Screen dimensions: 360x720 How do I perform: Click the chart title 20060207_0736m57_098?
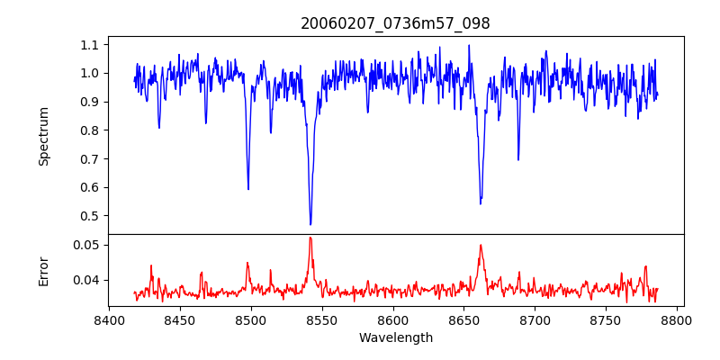coord(395,23)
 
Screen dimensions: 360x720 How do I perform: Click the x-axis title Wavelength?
coord(395,338)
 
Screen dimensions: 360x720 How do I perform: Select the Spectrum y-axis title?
coord(44,136)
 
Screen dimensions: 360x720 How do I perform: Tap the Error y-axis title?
coord(44,270)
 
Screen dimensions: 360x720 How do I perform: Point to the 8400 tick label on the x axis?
coord(109,319)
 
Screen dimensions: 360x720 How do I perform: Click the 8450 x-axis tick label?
coord(180,319)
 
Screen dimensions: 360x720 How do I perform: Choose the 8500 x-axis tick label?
coord(250,319)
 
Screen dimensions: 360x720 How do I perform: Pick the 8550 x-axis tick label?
coord(321,319)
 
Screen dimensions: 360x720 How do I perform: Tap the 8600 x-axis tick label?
coord(392,319)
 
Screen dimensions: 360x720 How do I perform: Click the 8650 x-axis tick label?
coord(463,319)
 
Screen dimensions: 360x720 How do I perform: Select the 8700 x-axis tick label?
coord(535,319)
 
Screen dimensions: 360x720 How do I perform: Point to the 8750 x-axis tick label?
coord(606,319)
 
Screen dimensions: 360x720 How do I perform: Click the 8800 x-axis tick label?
coord(677,319)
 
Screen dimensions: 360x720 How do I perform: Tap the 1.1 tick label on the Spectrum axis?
coord(90,44)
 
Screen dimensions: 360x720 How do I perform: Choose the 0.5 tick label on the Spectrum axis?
coord(90,216)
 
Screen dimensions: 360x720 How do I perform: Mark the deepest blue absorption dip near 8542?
coord(310,224)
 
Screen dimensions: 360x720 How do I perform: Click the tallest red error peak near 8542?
coord(310,238)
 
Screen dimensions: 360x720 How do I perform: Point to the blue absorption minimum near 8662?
coord(481,203)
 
